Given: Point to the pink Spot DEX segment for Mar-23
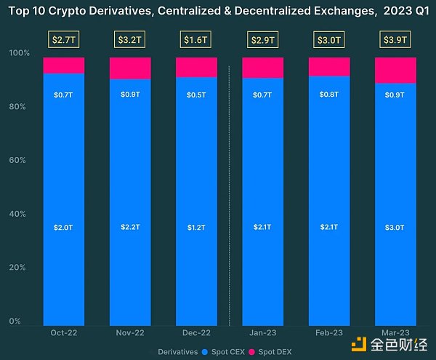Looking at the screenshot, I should point(395,71).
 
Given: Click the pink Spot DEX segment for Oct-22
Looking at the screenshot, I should point(64,65).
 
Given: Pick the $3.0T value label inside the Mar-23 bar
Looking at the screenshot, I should point(395,228).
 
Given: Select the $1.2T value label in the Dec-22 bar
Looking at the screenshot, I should point(196,228).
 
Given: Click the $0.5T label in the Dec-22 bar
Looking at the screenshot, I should point(196,95).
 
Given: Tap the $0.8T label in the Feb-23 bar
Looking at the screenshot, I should point(329,95).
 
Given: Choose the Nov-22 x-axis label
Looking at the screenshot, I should point(130,332).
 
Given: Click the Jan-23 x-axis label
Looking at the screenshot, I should point(262,332).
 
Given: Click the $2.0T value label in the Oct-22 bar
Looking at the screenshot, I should point(64,228).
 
